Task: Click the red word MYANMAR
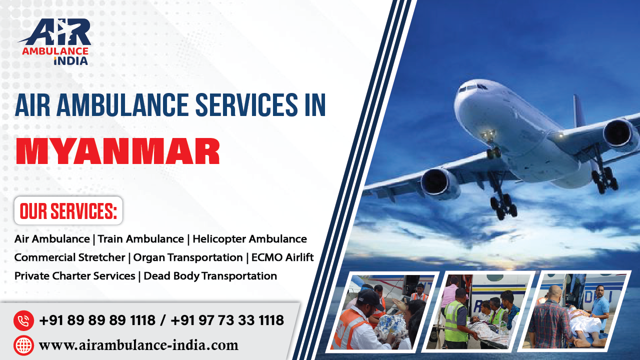click(x=118, y=151)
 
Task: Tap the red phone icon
click(x=23, y=320)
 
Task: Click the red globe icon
click(x=23, y=345)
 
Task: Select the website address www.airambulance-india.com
click(x=138, y=345)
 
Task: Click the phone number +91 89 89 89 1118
click(x=97, y=320)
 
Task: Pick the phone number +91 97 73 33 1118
click(x=227, y=320)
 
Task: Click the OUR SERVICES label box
click(x=68, y=210)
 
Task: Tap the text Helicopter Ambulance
click(x=249, y=239)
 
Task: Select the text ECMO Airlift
click(x=282, y=257)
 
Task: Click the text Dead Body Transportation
click(x=210, y=276)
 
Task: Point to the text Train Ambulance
click(x=141, y=239)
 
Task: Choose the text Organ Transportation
click(x=188, y=257)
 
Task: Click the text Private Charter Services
click(x=75, y=276)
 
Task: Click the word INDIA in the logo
click(x=71, y=61)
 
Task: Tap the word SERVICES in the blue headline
click(x=247, y=105)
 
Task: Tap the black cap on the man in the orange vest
click(x=370, y=298)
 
